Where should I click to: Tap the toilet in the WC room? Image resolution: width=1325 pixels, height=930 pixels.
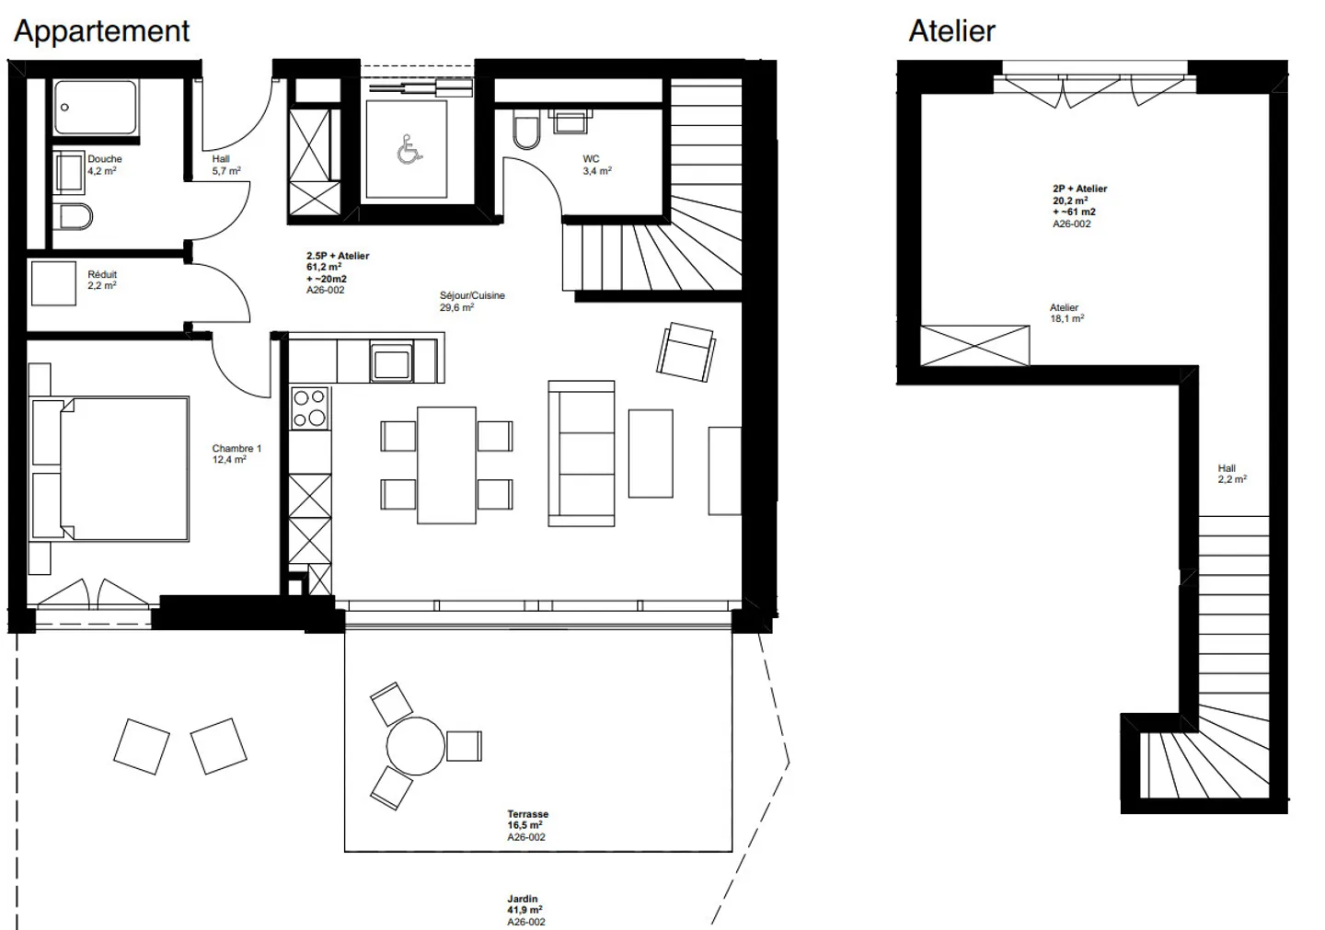[526, 132]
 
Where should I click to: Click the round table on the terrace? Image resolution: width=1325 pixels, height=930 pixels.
[415, 746]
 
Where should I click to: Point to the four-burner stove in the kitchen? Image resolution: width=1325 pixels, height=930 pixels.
[309, 408]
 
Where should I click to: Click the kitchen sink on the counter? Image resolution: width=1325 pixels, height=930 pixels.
[391, 360]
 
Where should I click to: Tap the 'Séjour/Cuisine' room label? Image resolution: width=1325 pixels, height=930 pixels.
[472, 296]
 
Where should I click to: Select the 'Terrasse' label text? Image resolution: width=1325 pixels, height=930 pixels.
[527, 814]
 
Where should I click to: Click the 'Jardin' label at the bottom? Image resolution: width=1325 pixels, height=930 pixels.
[522, 899]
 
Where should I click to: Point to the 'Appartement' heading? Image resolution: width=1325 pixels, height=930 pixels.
[101, 31]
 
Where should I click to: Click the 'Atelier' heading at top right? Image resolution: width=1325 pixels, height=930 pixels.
[951, 31]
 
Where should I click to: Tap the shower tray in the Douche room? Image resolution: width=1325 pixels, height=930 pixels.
[95, 109]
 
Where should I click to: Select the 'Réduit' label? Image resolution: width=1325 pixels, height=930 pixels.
[102, 274]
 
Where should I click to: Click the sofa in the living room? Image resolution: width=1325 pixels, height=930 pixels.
[581, 453]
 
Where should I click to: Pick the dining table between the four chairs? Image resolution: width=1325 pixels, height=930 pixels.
[446, 465]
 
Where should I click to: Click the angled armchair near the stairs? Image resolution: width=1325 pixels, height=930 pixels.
[686, 351]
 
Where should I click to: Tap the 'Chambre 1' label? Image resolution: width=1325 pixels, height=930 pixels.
[236, 449]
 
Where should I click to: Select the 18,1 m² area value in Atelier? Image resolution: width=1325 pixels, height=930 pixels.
[1067, 319]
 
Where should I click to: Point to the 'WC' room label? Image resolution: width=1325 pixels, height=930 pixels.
[591, 159]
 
